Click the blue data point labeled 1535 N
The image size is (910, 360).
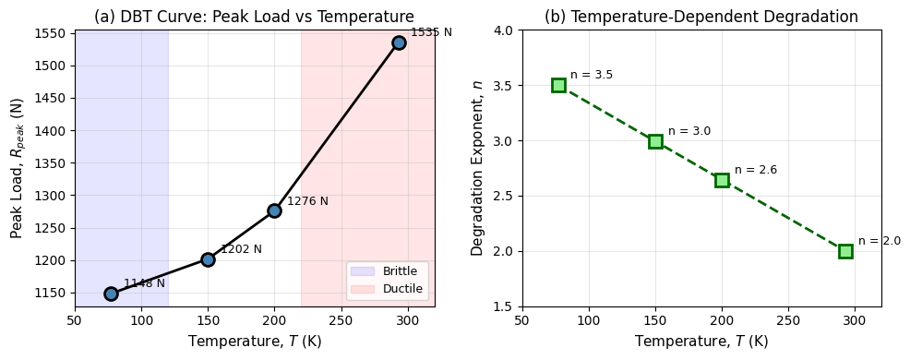pos(399,42)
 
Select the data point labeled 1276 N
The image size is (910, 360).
pos(274,210)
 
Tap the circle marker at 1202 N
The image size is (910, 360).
pos(208,259)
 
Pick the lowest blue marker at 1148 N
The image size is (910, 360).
pos(111,294)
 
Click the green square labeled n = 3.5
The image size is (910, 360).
pos(558,85)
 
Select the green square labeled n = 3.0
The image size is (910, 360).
pos(655,141)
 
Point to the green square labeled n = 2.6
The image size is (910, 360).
pos(722,180)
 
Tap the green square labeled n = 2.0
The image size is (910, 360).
pos(845,251)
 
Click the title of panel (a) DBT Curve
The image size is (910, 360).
pos(255,17)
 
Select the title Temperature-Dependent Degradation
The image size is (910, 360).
pos(700,17)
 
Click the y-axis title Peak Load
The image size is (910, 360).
pos(17,168)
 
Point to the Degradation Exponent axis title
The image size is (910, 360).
pos(477,168)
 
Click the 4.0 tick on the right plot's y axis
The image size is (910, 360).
pos(505,30)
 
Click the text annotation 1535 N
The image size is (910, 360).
pos(431,32)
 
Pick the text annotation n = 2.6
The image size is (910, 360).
pos(756,170)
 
